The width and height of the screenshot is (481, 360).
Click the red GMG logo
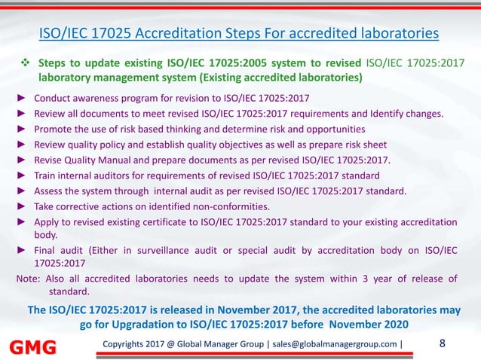(32, 347)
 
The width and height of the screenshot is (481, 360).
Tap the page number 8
(442, 344)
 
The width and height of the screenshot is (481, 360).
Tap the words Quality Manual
(99, 160)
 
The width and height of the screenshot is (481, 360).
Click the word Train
(47, 175)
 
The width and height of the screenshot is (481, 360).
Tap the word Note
(27, 278)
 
